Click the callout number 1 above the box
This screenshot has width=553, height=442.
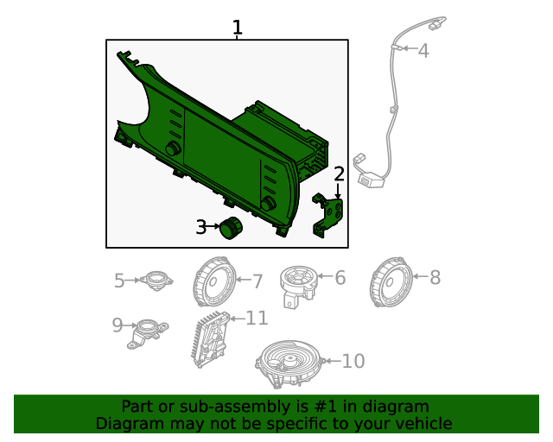pos(237,28)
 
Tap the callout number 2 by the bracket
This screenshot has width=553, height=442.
pos(340,174)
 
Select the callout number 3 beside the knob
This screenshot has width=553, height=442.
pos(200,228)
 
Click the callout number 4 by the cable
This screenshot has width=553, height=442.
pos(423,51)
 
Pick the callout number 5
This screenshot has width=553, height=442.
pos(120,280)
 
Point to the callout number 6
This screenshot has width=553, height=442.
pos(340,278)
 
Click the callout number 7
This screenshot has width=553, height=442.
pos(257,281)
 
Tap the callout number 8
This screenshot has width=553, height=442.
pos(435,278)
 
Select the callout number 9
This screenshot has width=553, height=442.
pos(118,325)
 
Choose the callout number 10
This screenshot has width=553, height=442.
pos(353,361)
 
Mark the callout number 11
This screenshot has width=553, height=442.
pos(257,319)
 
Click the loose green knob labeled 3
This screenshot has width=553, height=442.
pos(232,229)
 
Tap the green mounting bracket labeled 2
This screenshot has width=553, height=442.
pos(328,213)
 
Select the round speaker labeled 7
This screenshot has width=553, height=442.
pos(213,283)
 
